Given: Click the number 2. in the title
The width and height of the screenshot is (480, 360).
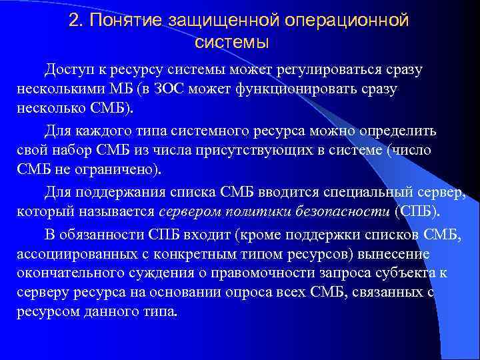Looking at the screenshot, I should tap(76, 21).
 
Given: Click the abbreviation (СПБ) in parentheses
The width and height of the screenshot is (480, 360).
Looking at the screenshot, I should tap(417, 212).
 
